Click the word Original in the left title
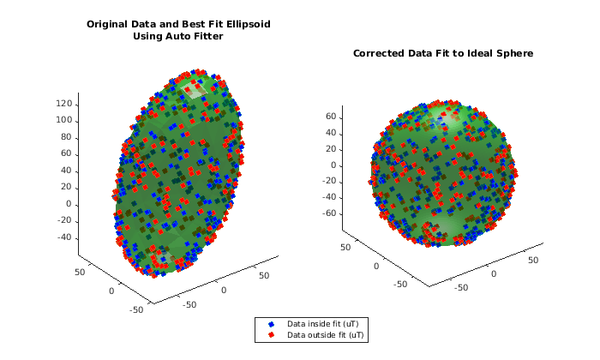[109, 24]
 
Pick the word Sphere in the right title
[515, 53]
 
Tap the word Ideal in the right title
[477, 53]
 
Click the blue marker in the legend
[271, 324]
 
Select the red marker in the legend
[271, 334]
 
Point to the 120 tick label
[63, 104]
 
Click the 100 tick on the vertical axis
[63, 120]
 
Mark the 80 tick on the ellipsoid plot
[65, 137]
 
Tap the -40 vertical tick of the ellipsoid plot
[63, 237]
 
